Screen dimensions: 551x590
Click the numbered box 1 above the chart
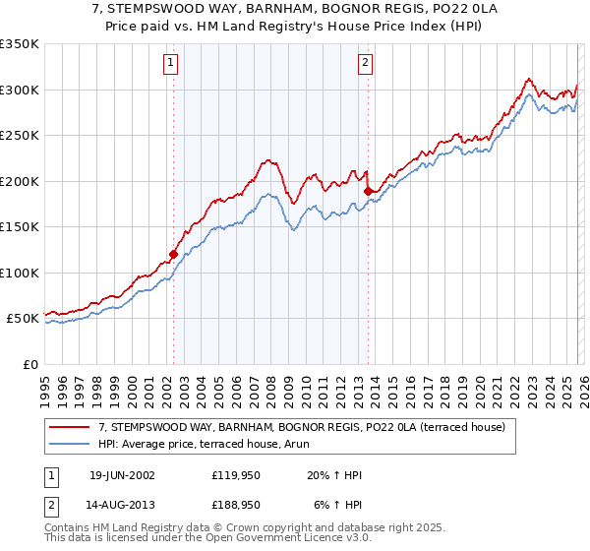(171, 63)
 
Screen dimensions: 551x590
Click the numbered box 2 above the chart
(365, 63)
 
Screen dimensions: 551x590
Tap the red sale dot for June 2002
(174, 254)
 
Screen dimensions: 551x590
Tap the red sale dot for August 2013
(368, 191)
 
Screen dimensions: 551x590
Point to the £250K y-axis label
(20, 136)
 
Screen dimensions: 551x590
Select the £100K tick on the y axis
(20, 273)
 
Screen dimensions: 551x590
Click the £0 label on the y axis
(29, 364)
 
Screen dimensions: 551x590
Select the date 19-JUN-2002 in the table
(122, 475)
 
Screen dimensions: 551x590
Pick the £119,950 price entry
(236, 475)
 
